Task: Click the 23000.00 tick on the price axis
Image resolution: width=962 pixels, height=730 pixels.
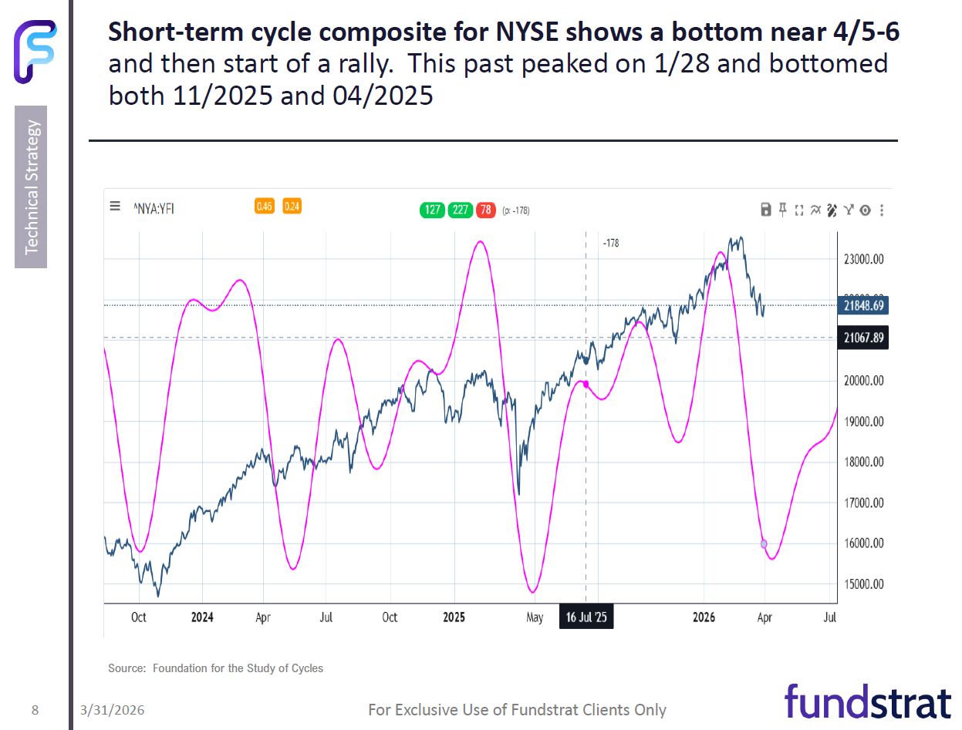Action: tap(863, 260)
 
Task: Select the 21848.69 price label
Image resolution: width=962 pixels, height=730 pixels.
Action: tap(863, 306)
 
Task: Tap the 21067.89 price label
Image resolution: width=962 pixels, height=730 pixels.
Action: tap(863, 338)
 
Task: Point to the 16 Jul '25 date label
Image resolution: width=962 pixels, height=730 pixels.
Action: tap(586, 617)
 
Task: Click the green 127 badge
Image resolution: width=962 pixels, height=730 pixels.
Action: tap(432, 210)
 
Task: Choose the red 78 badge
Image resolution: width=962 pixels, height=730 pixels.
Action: tap(486, 210)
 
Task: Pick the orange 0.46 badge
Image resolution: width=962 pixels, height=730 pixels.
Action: tap(265, 206)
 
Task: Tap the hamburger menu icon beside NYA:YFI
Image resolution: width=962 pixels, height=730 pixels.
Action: tap(115, 206)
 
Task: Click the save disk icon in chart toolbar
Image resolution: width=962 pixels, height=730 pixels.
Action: tap(766, 210)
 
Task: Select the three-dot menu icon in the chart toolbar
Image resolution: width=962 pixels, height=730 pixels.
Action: tap(882, 210)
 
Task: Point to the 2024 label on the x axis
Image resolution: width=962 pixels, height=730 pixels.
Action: tap(202, 617)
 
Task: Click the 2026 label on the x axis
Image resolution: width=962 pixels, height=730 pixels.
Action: tap(704, 617)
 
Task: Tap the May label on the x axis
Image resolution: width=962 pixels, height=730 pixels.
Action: tap(535, 617)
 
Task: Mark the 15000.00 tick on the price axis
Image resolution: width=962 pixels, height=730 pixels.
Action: tap(863, 584)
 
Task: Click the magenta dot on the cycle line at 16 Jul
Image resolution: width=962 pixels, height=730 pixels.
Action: tap(586, 384)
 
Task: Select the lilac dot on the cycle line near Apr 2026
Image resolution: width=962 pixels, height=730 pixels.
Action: tap(764, 543)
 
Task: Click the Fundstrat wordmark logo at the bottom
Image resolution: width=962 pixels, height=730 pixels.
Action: tap(867, 702)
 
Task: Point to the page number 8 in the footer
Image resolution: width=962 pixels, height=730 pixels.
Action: tap(35, 710)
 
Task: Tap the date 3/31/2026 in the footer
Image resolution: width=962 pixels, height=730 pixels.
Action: tap(112, 710)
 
